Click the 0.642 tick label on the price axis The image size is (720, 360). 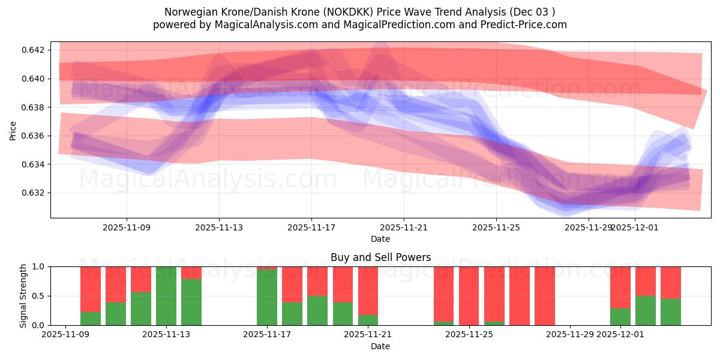click(x=34, y=50)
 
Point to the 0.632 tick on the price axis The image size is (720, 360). click(x=34, y=193)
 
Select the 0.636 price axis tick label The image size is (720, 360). click(x=34, y=136)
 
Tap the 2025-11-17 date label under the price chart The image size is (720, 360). click(x=311, y=228)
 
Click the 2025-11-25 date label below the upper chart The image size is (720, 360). click(x=496, y=228)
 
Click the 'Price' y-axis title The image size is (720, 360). click(x=13, y=130)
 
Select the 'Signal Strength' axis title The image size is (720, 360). click(x=23, y=296)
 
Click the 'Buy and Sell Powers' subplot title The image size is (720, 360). click(x=380, y=257)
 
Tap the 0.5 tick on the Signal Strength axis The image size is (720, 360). click(x=38, y=296)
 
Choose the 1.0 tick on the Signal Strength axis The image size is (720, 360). click(x=38, y=266)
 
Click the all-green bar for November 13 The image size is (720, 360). click(x=166, y=296)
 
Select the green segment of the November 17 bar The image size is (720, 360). click(x=267, y=298)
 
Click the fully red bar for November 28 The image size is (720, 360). click(x=545, y=296)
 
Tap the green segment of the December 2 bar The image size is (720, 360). click(x=646, y=310)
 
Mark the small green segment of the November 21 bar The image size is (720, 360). click(x=368, y=320)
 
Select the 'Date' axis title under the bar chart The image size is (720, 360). click(x=380, y=346)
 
